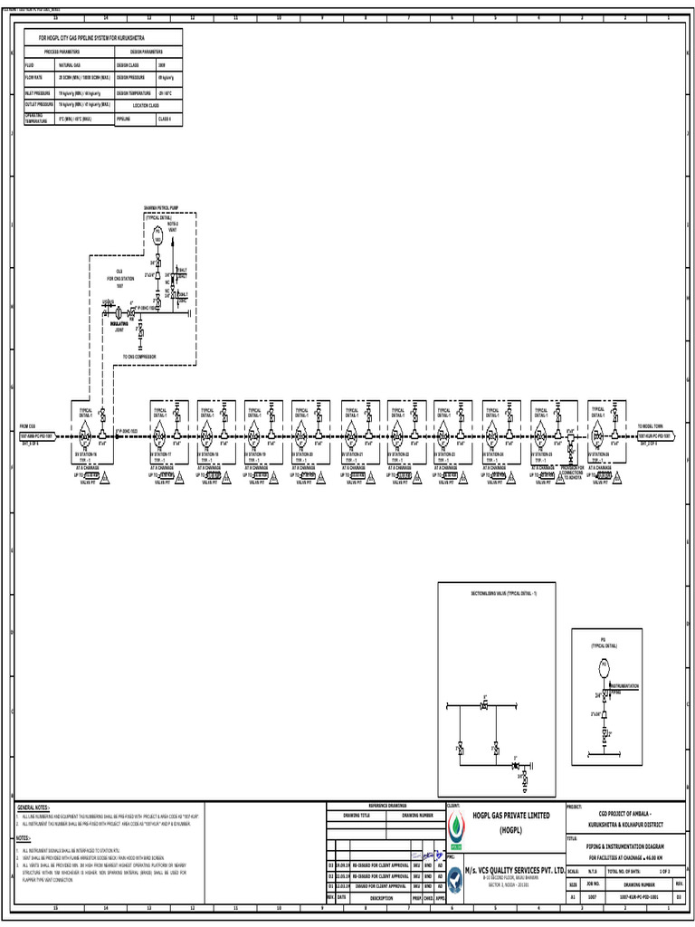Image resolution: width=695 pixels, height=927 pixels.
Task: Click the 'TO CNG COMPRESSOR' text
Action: [x=140, y=357]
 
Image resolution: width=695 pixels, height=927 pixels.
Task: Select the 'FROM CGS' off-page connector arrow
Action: [x=38, y=435]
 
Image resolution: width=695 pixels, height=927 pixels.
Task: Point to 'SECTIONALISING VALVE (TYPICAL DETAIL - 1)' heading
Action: [x=498, y=591]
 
